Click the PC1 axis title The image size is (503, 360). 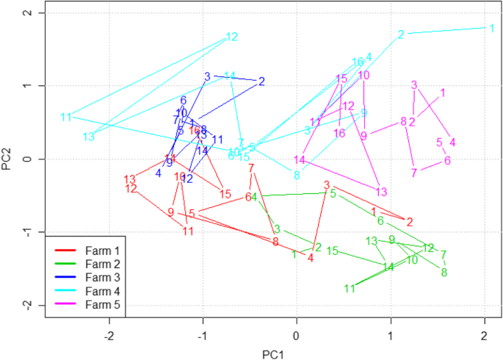click(x=272, y=354)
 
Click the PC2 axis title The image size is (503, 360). click(x=7, y=159)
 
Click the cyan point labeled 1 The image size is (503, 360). click(x=491, y=28)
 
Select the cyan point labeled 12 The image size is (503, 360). click(x=232, y=37)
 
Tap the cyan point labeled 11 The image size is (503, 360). click(x=66, y=117)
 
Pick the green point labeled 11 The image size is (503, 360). click(x=350, y=289)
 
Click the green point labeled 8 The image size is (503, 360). click(x=444, y=273)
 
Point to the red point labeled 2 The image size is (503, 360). click(x=410, y=221)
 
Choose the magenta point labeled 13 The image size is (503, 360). click(x=381, y=192)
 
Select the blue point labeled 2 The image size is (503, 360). click(x=262, y=81)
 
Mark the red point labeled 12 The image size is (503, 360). click(x=131, y=189)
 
